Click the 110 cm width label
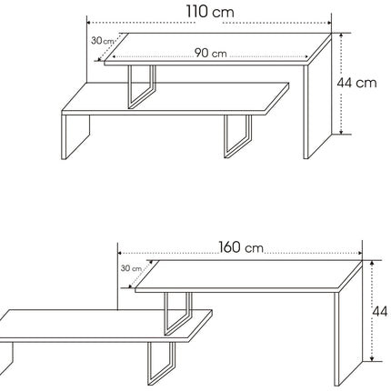tap(210, 12)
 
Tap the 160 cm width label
tap(241, 247)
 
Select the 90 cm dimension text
tap(210, 53)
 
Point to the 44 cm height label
tap(356, 83)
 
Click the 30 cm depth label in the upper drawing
tap(102, 40)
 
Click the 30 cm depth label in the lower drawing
tap(131, 268)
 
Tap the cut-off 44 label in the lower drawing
tap(380, 311)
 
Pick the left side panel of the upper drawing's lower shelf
tap(75, 136)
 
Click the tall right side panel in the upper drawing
tap(317, 97)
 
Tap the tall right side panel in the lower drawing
tap(348, 325)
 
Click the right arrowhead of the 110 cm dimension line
tap(329, 23)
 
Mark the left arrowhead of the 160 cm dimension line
tap(119, 253)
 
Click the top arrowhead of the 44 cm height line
tap(341, 35)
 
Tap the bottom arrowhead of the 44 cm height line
tap(341, 132)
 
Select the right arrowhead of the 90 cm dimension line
tap(306, 56)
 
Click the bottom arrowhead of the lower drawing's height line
tap(372, 359)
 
